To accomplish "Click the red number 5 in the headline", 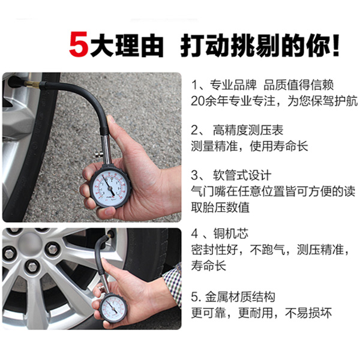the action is point(79,44).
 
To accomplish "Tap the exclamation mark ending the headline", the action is point(335,45).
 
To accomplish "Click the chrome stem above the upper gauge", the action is point(106,149).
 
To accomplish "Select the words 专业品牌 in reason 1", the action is point(233,85).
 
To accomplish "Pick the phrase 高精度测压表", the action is point(248,130).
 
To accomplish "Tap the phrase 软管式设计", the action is point(242,175).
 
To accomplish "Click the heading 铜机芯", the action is point(231,234).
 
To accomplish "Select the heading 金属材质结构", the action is point(240,297).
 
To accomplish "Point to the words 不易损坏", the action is point(308,313).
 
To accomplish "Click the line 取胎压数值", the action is point(220,208).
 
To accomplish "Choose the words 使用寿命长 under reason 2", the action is point(279,146).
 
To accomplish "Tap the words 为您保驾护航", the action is point(322,101).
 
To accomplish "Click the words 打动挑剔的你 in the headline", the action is point(256,45).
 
